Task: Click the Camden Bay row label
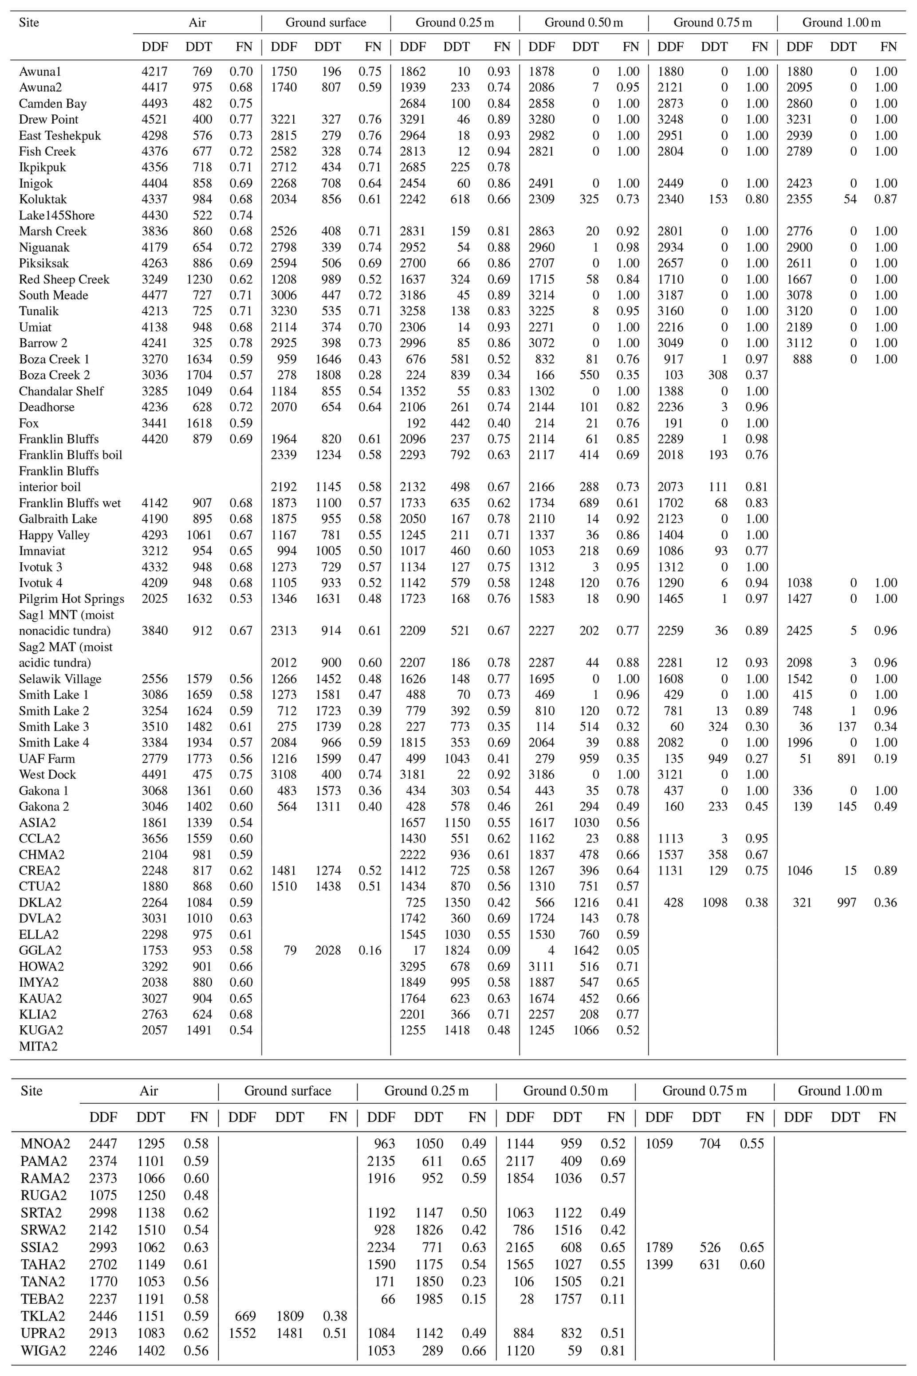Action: click(x=53, y=103)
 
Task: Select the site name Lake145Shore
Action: click(x=56, y=215)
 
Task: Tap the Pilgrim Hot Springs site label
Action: click(x=71, y=599)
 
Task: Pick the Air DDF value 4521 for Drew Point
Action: click(x=154, y=119)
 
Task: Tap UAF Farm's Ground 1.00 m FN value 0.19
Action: click(x=886, y=758)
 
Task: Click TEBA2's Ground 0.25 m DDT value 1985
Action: click(x=428, y=1299)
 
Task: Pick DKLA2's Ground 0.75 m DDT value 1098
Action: click(x=715, y=902)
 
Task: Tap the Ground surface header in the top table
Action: click(x=326, y=23)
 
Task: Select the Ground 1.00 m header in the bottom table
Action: click(x=839, y=1091)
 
